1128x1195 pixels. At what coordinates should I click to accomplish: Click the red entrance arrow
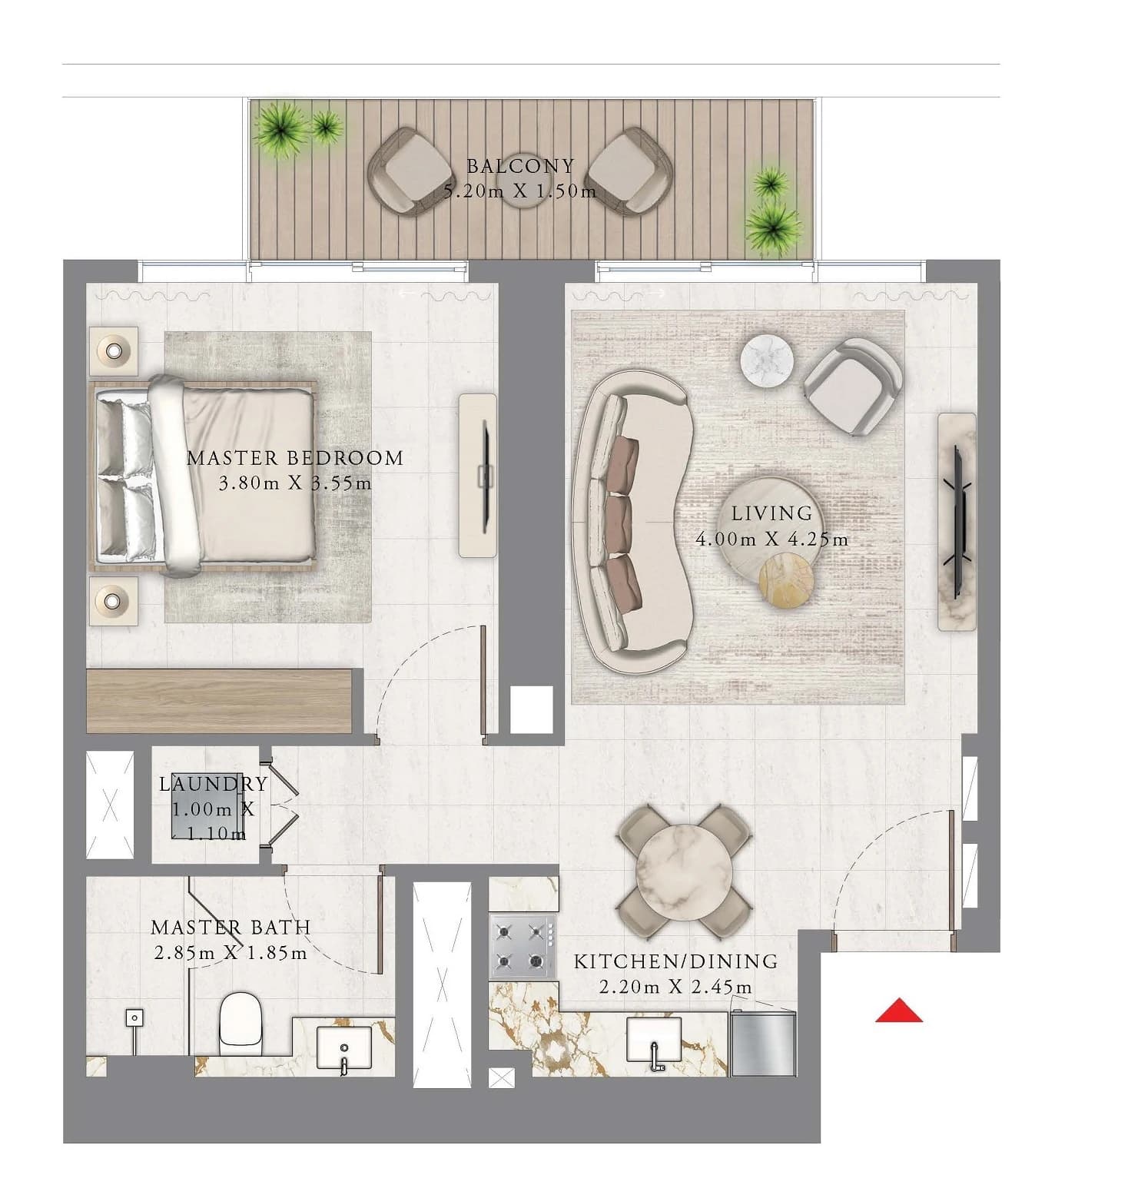899,1011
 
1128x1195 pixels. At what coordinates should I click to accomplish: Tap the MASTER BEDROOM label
295,458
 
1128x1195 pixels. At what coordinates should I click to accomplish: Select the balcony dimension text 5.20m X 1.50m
520,191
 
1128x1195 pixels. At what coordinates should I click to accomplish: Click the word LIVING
771,513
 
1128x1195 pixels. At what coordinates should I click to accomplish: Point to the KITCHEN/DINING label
676,961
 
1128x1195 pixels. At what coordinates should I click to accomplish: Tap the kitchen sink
654,1040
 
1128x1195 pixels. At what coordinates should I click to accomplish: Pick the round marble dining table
685,871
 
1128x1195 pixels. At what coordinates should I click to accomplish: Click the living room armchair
853,387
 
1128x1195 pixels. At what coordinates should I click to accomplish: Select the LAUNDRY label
214,784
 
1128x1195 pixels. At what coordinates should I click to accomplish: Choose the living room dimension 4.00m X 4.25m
771,539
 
